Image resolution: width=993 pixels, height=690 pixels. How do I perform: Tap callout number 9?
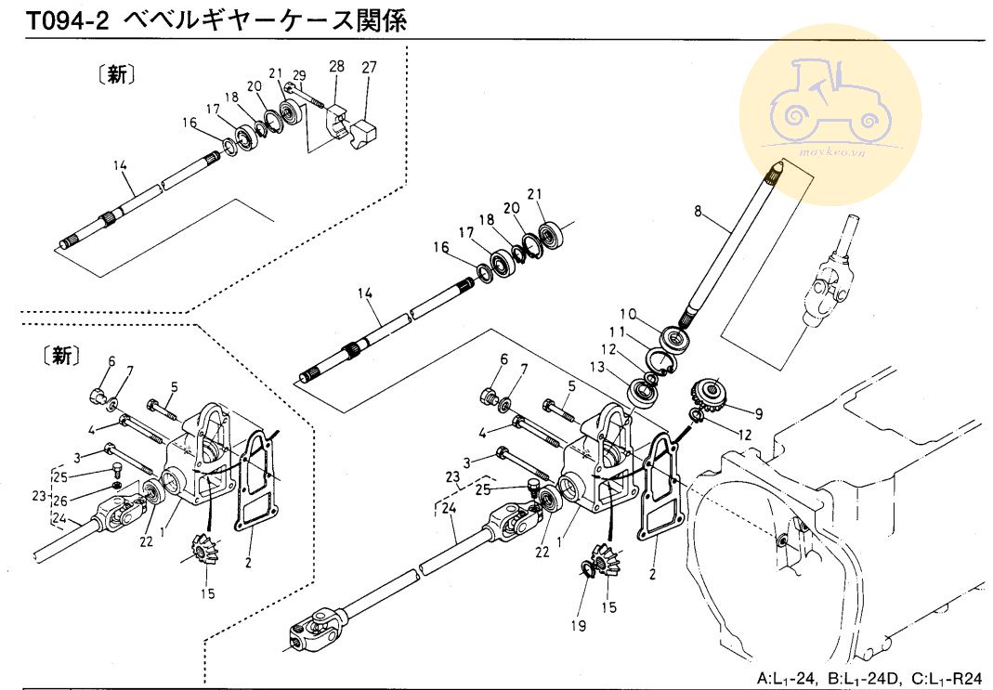(759, 414)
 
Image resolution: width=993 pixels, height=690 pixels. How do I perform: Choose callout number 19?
(578, 626)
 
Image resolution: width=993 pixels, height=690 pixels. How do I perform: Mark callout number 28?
(336, 66)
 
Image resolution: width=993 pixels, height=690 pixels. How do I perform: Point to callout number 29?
(299, 75)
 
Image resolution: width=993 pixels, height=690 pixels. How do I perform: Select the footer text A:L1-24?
(784, 677)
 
